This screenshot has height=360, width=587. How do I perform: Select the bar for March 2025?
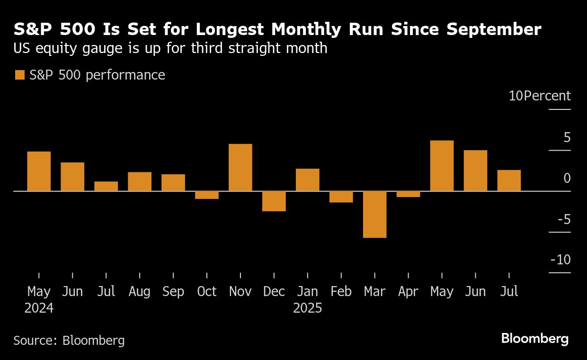374,214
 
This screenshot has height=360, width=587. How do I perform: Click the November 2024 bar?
240,167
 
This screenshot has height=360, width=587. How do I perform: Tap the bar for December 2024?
274,201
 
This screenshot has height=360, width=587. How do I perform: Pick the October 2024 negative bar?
207,195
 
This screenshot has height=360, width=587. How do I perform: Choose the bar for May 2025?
442,166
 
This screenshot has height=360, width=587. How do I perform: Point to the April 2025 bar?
408,194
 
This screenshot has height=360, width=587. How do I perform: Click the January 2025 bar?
308,180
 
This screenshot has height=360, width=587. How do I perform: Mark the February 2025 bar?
341,197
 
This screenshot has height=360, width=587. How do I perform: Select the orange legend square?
19,75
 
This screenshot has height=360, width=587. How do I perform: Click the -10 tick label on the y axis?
560,260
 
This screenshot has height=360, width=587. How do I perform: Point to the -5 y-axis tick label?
563,219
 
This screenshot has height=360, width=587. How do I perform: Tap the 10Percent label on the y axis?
540,96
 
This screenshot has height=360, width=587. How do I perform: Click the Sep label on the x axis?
173,291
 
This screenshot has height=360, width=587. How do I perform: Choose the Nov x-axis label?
240,291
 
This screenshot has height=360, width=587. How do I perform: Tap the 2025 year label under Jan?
308,308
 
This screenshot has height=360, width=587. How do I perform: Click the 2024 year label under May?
39,308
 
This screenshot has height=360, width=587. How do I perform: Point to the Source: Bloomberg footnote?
69,340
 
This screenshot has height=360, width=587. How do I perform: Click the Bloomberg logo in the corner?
535,339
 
